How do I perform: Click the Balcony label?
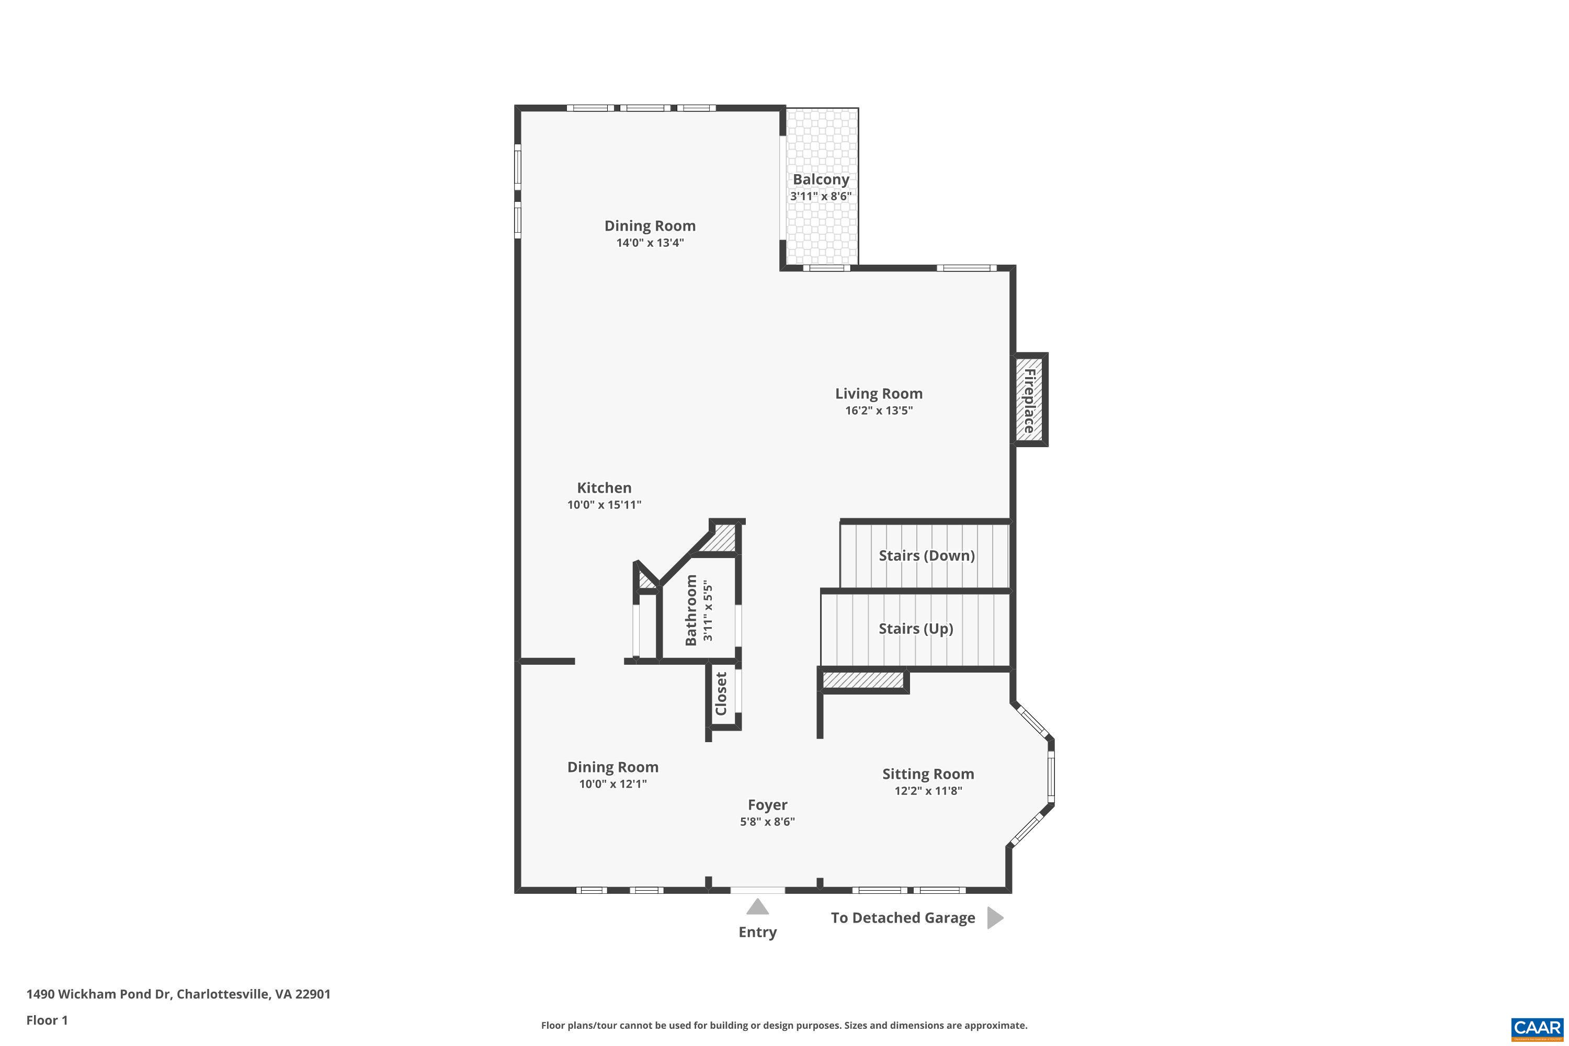pyautogui.click(x=821, y=179)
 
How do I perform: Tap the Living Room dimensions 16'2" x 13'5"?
pyautogui.click(x=879, y=410)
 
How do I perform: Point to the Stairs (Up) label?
pyautogui.click(x=915, y=629)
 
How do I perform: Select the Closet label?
pyautogui.click(x=721, y=694)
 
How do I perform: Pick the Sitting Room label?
pyautogui.click(x=928, y=774)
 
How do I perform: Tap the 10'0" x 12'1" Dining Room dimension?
pyautogui.click(x=612, y=784)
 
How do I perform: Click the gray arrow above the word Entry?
pyautogui.click(x=757, y=906)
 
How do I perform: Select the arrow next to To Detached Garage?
pyautogui.click(x=995, y=918)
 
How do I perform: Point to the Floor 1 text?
pyautogui.click(x=47, y=1020)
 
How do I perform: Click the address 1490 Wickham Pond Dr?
pyautogui.click(x=178, y=994)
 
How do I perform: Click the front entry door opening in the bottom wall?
pyautogui.click(x=757, y=890)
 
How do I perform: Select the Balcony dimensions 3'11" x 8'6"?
pyautogui.click(x=821, y=196)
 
